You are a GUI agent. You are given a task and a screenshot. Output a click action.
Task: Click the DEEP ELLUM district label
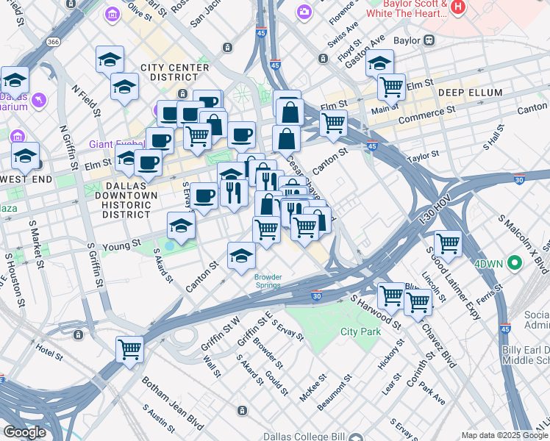470,93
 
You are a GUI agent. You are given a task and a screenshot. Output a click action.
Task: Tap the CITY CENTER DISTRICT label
175,72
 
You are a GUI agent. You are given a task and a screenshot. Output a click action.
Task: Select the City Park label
360,331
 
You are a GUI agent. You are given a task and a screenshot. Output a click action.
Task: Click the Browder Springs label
268,282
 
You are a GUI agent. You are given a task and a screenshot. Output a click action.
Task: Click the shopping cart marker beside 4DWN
448,243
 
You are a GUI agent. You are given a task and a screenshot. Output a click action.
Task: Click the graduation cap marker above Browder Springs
241,256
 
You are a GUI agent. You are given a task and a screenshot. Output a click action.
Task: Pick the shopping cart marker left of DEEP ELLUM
391,86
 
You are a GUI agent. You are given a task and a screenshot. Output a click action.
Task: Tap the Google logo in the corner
24,432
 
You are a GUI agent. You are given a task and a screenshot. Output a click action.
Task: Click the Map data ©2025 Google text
504,435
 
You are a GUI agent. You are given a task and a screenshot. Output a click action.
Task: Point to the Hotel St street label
50,351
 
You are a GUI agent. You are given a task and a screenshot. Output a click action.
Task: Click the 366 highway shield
54,42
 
